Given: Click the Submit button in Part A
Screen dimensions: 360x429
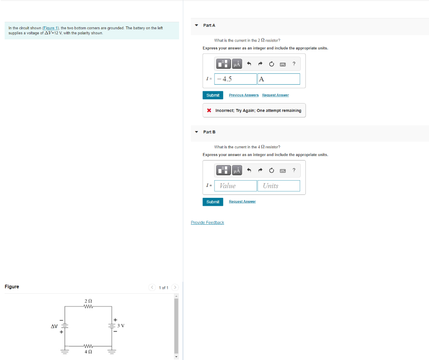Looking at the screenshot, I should [213, 95].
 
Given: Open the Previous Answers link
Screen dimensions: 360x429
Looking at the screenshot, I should [244, 95].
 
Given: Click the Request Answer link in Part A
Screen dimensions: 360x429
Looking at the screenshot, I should [275, 95].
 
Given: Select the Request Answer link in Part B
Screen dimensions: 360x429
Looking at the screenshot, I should [242, 202].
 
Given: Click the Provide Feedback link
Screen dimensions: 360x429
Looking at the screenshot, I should [207, 223].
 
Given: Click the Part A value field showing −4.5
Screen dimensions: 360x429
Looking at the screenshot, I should [236, 79].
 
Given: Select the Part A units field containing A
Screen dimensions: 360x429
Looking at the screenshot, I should [279, 79].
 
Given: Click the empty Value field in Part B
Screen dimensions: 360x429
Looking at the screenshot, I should [236, 186].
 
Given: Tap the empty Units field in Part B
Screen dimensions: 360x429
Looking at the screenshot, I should [279, 186].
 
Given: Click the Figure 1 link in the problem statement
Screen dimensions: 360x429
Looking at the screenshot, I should [51, 28].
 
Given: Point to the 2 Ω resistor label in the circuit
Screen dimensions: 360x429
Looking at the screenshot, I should [88, 301].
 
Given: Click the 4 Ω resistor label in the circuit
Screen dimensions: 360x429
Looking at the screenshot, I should [88, 352].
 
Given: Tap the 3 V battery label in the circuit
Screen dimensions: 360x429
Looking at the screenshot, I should [121, 326].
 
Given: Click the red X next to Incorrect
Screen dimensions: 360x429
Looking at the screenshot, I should [209, 111].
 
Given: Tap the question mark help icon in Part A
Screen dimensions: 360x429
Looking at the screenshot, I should [294, 64].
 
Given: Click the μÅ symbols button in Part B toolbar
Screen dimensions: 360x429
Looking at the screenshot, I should [237, 170].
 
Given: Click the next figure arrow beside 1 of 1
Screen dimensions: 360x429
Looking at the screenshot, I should [175, 287].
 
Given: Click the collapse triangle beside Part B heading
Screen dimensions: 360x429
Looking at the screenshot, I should [196, 132].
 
